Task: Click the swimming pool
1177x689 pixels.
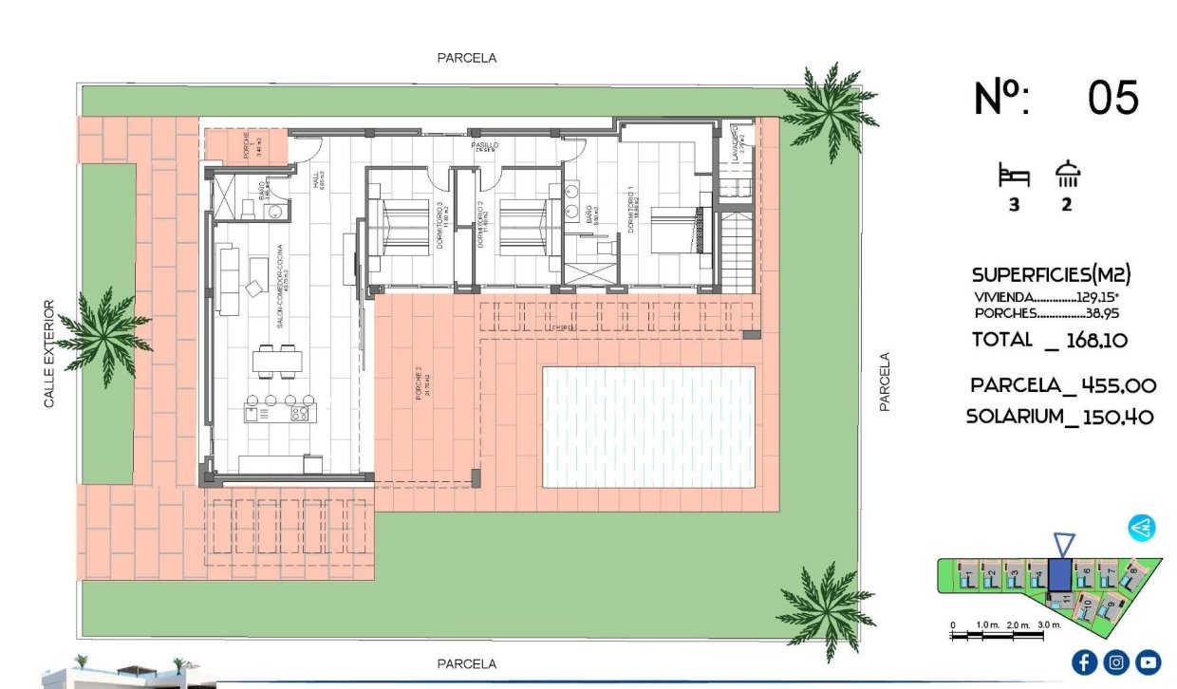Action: (x=648, y=427)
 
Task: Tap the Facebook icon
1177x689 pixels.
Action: (x=1085, y=662)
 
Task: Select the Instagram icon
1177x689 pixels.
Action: (x=1117, y=662)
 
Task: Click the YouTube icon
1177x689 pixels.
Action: (x=1149, y=662)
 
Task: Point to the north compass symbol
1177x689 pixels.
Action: (x=1141, y=529)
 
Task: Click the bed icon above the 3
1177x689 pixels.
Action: (x=1013, y=176)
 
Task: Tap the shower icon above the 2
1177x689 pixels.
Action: (x=1068, y=175)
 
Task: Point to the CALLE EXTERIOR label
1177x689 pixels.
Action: (x=50, y=354)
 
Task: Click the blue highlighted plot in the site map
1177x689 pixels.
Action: (x=1058, y=577)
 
